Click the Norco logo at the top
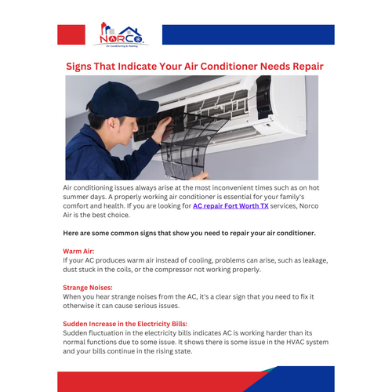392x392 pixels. [118, 34]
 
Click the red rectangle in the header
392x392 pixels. [71, 34]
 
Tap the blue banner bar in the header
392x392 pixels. [248, 34]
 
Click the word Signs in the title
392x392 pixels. [80, 67]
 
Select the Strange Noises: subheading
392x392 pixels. [88, 288]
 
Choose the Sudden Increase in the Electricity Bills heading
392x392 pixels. [125, 324]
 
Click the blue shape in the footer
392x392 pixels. [302, 379]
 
